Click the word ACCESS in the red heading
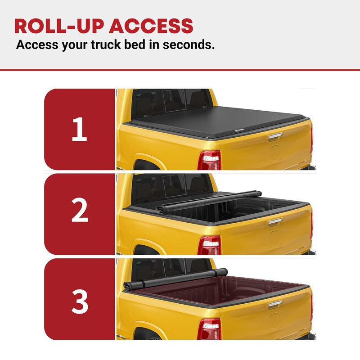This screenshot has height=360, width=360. click(x=151, y=26)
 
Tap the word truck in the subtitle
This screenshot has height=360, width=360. click(x=106, y=45)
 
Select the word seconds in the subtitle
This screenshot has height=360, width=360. click(x=189, y=45)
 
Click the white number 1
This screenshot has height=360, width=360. click(x=80, y=129)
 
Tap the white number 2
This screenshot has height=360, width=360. click(x=80, y=210)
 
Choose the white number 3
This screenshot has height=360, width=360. click(x=80, y=301)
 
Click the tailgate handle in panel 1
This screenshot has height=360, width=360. click(x=275, y=137)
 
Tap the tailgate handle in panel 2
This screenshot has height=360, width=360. click(x=275, y=222)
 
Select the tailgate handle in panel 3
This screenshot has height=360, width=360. click(x=275, y=305)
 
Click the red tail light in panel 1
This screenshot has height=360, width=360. click(x=209, y=161)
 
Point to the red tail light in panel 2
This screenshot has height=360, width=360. click(x=209, y=245)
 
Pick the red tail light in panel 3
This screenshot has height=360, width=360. click(x=209, y=329)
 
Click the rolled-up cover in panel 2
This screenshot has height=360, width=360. click(x=209, y=201)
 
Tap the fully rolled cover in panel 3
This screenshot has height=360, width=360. click(x=175, y=279)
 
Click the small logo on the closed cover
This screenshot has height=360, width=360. click(x=239, y=130)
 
